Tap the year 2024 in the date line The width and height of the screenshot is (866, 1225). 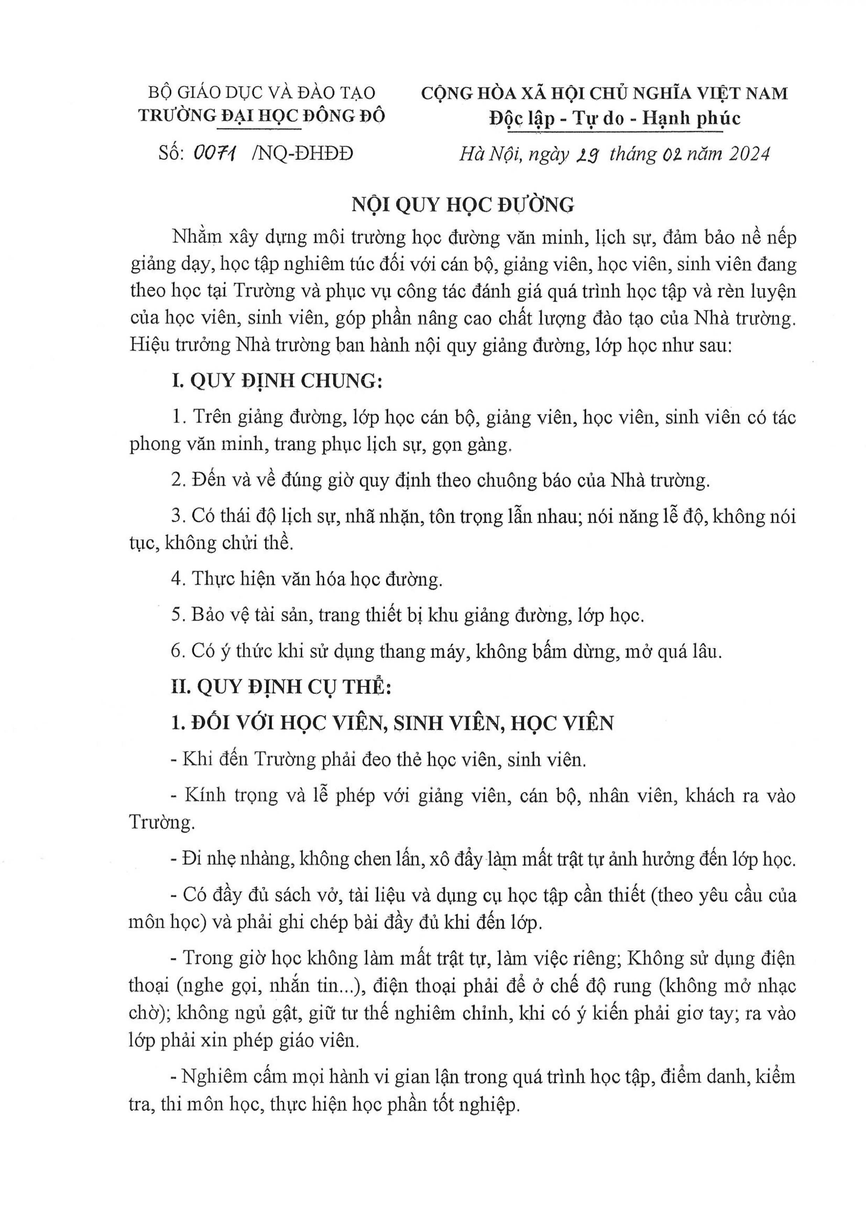coord(750,154)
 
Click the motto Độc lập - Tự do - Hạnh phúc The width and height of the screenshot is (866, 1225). coord(615,118)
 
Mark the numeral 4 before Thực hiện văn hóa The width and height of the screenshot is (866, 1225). coord(177,579)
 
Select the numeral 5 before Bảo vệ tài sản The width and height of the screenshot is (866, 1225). coord(177,615)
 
